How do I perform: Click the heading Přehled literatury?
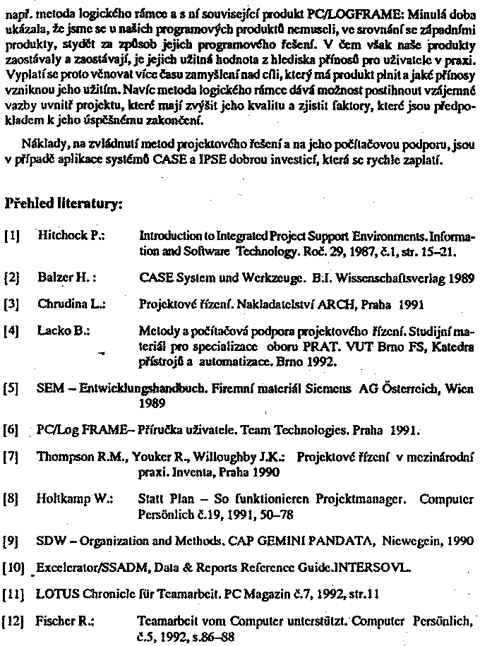click(64, 204)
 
